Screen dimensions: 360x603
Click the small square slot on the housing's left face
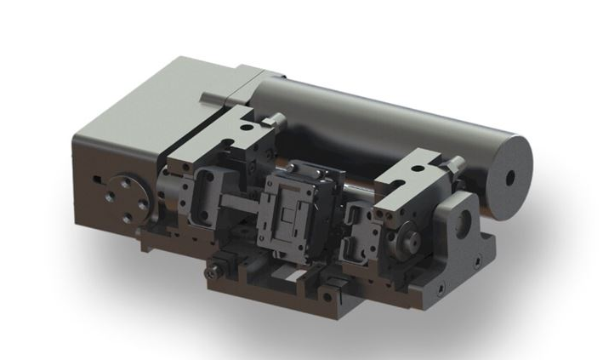tap(100, 180)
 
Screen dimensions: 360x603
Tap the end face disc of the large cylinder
tap(508, 179)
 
